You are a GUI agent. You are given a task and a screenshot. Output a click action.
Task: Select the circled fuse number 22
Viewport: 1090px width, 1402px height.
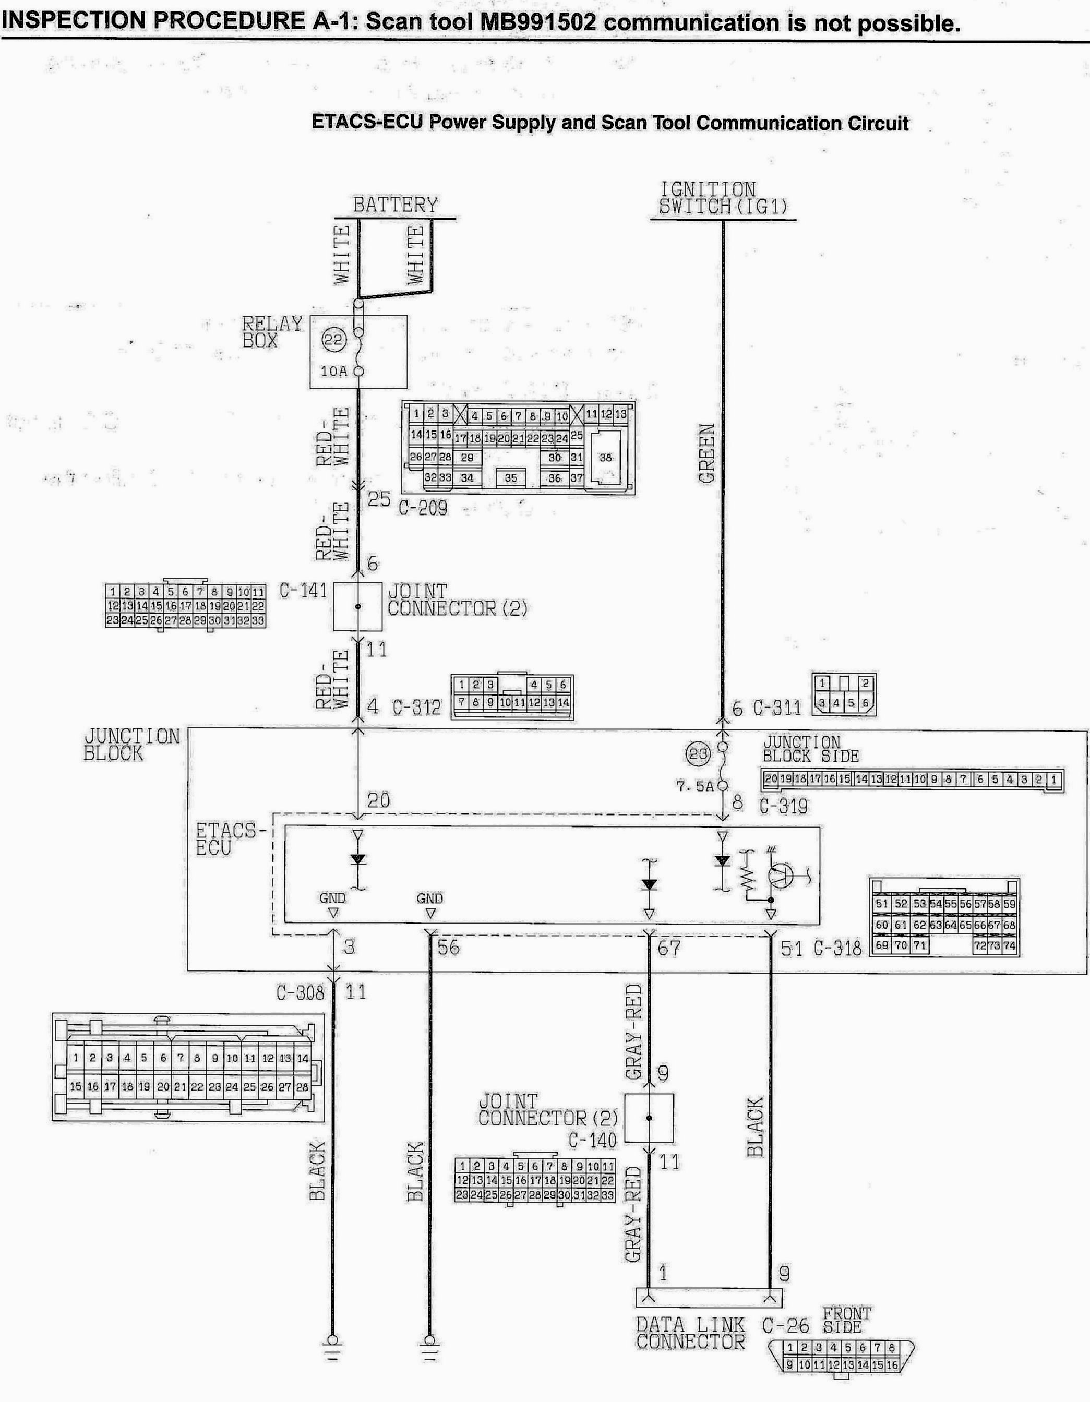(x=334, y=340)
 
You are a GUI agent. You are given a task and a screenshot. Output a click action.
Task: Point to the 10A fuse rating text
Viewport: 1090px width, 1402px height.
(x=334, y=370)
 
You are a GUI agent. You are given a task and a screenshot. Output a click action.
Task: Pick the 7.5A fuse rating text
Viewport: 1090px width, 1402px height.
(x=694, y=786)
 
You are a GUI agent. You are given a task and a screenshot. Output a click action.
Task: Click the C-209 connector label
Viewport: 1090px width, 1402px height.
(x=423, y=508)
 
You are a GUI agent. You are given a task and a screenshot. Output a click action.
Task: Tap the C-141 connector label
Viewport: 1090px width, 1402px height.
(x=303, y=590)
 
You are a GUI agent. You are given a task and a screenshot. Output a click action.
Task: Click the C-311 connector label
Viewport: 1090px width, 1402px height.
(x=777, y=708)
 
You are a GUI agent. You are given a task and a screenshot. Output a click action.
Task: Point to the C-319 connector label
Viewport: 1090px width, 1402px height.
(x=783, y=806)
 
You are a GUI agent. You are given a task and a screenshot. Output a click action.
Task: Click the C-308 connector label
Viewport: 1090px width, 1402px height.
(x=301, y=993)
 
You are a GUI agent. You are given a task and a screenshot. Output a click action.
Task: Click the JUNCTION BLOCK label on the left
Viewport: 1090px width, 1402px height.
(x=131, y=745)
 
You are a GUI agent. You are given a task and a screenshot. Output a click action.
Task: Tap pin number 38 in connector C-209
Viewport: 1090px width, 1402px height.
(x=605, y=458)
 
